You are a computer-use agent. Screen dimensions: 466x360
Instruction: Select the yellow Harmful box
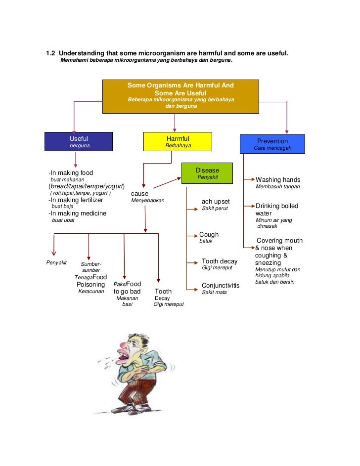coord(178,141)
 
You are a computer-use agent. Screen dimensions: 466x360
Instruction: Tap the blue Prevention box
coord(272,144)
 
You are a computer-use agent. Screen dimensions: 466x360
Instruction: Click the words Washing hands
coord(277,180)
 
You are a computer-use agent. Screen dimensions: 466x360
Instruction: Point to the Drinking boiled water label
coord(276,210)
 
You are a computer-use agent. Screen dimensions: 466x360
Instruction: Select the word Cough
coord(209,235)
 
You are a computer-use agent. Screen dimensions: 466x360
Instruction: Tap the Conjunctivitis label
coord(220,286)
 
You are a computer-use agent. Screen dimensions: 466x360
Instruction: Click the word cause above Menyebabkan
coord(139,194)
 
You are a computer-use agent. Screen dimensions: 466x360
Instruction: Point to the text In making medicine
coord(77,213)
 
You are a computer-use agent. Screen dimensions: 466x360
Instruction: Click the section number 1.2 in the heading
coord(50,53)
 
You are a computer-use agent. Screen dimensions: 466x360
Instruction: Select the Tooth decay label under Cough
coord(220,261)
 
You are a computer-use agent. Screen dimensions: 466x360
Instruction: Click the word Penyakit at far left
coord(56,262)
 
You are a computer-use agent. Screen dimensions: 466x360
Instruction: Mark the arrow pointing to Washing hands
coord(250,179)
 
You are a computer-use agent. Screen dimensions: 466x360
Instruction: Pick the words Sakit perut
coord(215,209)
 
